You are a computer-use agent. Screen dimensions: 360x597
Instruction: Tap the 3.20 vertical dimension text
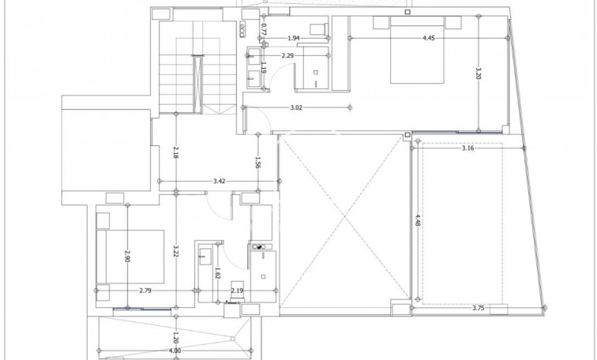point(479,74)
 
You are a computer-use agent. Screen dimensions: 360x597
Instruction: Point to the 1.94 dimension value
point(292,38)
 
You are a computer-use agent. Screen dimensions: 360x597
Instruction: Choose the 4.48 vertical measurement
point(416,223)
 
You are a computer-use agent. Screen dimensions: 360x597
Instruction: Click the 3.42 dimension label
point(220,182)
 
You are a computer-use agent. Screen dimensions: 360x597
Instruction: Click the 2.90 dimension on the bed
point(127,256)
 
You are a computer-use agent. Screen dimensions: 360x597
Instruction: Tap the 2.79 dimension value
point(145,291)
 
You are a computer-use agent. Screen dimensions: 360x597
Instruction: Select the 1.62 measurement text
point(218,274)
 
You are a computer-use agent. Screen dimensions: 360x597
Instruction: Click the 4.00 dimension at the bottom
point(175,351)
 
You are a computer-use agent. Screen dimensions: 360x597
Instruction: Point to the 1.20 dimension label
point(175,336)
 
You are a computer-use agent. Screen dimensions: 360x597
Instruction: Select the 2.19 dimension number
point(237,291)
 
